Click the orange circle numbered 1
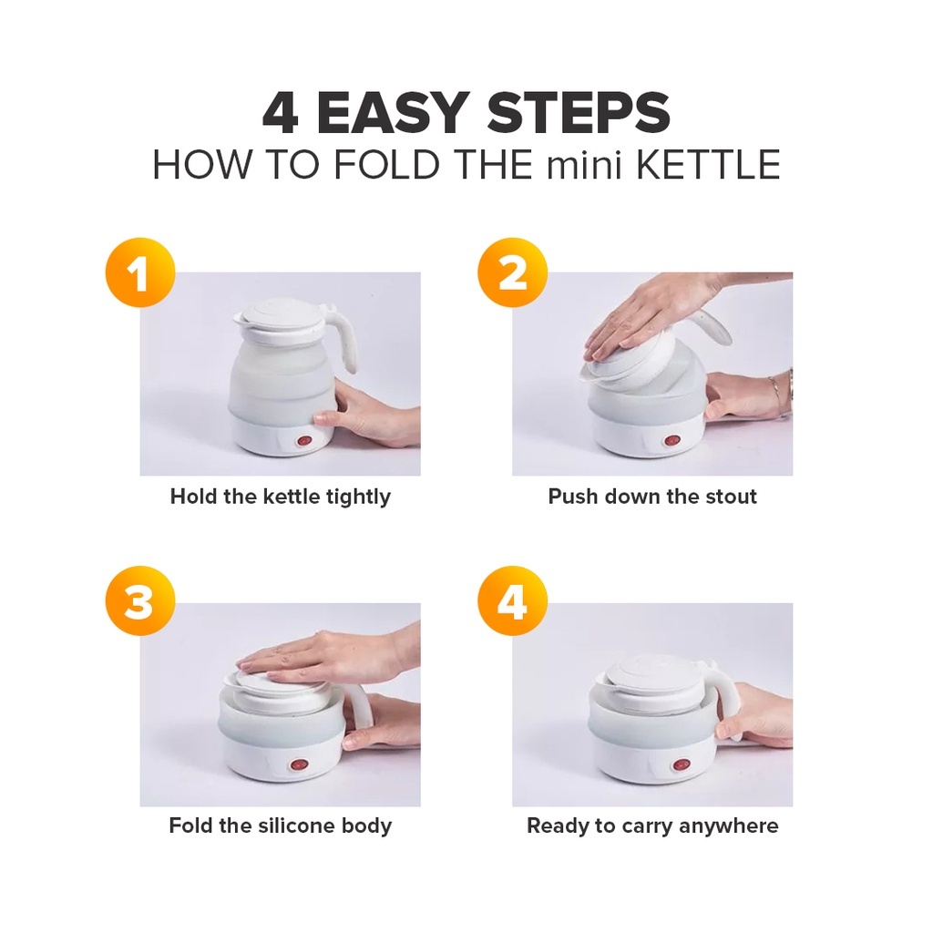(x=140, y=272)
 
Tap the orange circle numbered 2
(x=512, y=272)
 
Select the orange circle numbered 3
(x=140, y=601)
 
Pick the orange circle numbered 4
(x=512, y=601)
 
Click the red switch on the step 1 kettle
(x=304, y=442)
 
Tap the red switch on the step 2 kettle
(x=672, y=442)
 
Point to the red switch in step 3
(x=296, y=765)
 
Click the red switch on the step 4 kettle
(x=680, y=765)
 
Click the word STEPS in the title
(x=579, y=113)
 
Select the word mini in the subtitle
(x=584, y=165)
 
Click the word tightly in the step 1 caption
(x=359, y=497)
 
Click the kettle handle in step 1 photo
(x=343, y=339)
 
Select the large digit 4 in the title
(x=281, y=113)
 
